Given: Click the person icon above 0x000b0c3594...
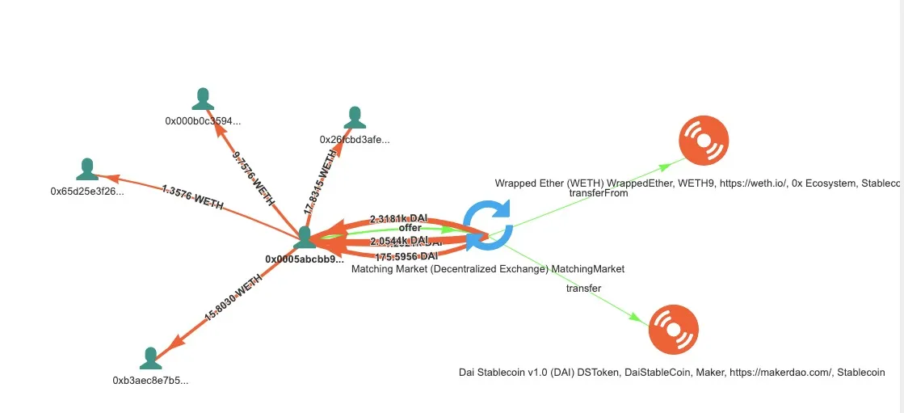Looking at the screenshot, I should pyautogui.click(x=203, y=99).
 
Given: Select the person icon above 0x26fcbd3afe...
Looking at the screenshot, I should pyautogui.click(x=355, y=118).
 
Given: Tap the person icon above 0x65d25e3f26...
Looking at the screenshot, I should pyautogui.click(x=87, y=170).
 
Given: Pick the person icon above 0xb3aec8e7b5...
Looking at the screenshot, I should pyautogui.click(x=150, y=358).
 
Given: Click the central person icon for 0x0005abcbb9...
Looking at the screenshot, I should pyautogui.click(x=305, y=238).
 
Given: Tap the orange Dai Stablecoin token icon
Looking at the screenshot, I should pyautogui.click(x=674, y=330).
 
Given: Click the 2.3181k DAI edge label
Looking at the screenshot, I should pyautogui.click(x=398, y=218).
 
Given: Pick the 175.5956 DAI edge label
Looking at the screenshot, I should pyautogui.click(x=406, y=256).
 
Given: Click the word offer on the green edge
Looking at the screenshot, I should pyautogui.click(x=410, y=228).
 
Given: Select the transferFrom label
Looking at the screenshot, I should pyautogui.click(x=599, y=193).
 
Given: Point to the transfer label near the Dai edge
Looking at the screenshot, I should pyautogui.click(x=583, y=287).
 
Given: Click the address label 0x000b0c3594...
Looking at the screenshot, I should pyautogui.click(x=203, y=121).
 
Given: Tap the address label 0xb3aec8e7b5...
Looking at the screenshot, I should pyautogui.click(x=150, y=380).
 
